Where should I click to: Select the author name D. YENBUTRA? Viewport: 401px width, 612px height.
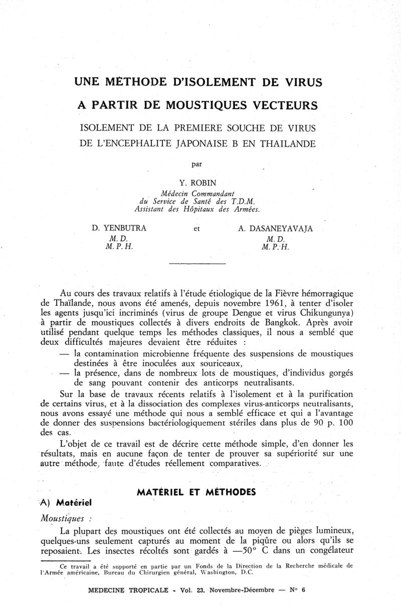point(119,229)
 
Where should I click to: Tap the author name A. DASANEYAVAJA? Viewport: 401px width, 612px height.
point(276,229)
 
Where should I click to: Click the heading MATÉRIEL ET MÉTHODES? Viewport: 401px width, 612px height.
point(196,493)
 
